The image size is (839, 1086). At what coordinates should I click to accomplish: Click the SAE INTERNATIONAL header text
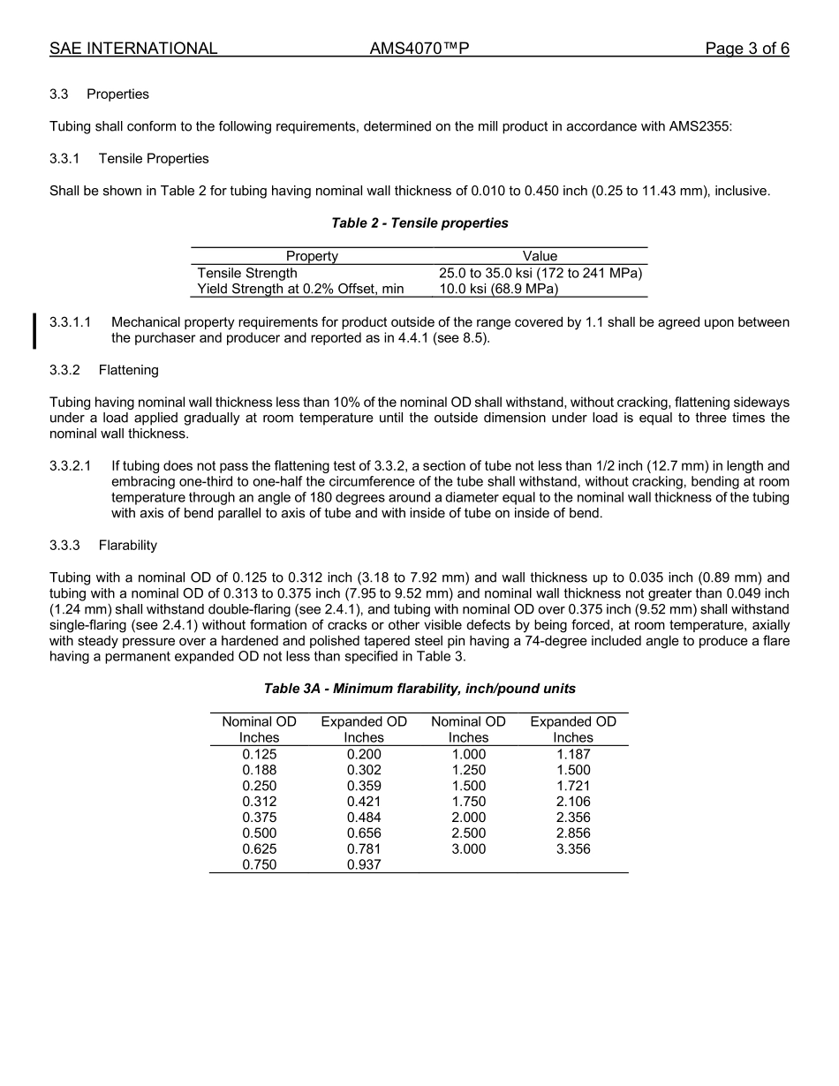133,49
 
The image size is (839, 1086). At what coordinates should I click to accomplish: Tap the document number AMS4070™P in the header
419,49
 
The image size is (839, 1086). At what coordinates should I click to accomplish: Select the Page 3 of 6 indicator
746,49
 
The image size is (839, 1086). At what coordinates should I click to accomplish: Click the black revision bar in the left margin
34,330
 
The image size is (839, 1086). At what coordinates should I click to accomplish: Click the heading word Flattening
128,370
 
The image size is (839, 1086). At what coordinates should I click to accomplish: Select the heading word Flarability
127,545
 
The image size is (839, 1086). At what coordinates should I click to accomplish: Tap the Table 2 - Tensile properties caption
419,222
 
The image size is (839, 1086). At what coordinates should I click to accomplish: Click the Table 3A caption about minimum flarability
419,688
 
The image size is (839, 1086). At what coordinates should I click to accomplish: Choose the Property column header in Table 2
312,256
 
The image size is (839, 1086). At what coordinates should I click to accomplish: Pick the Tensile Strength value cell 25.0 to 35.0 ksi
540,273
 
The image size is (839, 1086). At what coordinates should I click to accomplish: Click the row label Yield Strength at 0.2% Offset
300,289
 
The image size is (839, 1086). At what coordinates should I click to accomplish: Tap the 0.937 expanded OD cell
364,865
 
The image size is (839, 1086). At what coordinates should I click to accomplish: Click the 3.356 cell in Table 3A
573,849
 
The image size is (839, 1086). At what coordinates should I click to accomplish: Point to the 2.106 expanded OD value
573,802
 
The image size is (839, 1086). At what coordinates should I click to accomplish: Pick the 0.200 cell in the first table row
364,754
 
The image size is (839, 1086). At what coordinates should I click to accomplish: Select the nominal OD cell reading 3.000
468,849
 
